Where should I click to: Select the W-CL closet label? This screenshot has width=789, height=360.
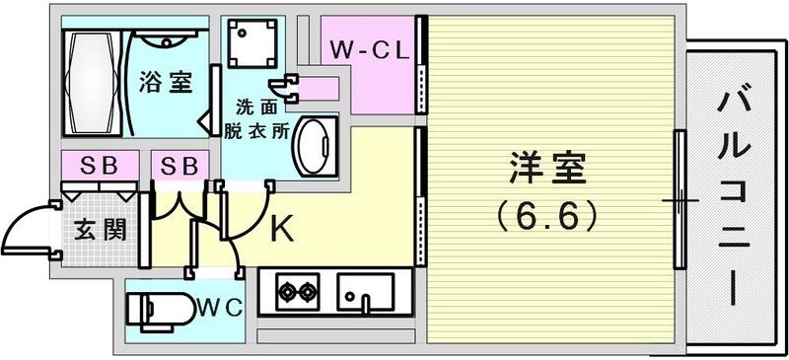369,50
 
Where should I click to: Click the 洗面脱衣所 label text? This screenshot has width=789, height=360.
261,117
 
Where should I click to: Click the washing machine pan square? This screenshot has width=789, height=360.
247,44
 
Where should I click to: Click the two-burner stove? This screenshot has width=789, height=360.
297,292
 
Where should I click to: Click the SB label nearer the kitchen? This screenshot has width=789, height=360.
179,165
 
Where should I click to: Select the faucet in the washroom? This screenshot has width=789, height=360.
288,89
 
